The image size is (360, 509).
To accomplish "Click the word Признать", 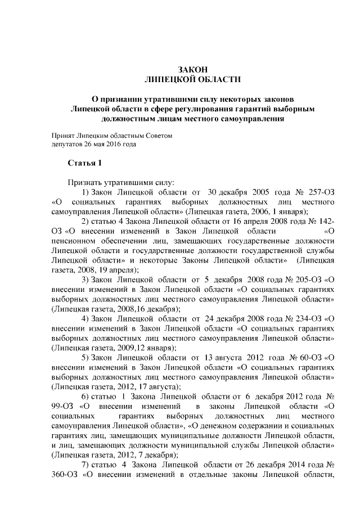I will coord(85,182).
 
